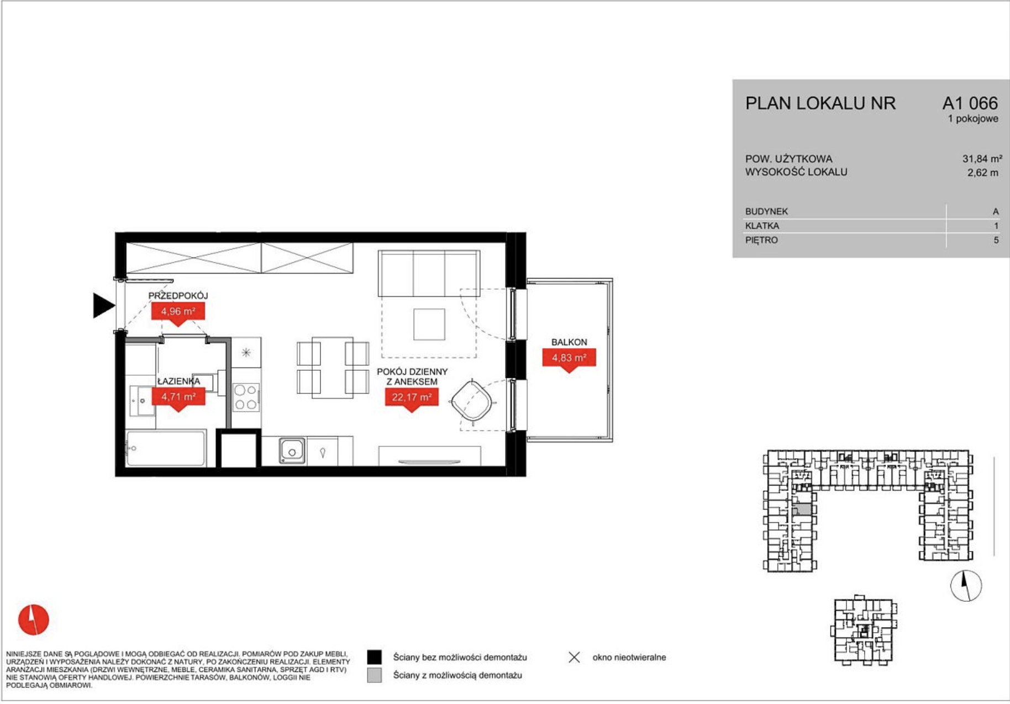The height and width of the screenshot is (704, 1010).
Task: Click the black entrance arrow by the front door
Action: pyautogui.click(x=103, y=306)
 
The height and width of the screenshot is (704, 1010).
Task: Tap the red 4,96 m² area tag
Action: pyautogui.click(x=178, y=313)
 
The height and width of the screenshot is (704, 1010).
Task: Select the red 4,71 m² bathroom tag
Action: pyautogui.click(x=178, y=398)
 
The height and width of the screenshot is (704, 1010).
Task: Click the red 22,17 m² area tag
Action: pyautogui.click(x=412, y=399)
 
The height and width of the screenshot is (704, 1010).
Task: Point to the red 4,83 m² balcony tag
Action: pyautogui.click(x=569, y=360)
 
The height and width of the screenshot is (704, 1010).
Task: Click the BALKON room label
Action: pyautogui.click(x=569, y=342)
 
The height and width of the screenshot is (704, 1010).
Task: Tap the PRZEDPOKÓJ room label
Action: pyautogui.click(x=178, y=296)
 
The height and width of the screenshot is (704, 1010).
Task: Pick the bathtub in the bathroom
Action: pyautogui.click(x=166, y=448)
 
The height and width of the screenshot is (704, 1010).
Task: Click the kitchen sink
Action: pyautogui.click(x=292, y=450)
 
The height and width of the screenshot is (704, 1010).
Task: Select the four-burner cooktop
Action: pyautogui.click(x=246, y=397)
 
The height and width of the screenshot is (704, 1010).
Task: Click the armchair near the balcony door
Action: pyautogui.click(x=472, y=400)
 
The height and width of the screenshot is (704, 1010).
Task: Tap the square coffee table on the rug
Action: pyautogui.click(x=429, y=324)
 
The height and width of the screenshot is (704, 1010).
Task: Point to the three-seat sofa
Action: pyautogui.click(x=429, y=274)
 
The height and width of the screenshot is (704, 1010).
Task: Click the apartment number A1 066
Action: pyautogui.click(x=970, y=103)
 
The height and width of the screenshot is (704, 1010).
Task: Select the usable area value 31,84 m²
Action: pyautogui.click(x=982, y=159)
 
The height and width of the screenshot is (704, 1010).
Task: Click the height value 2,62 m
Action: pyautogui.click(x=983, y=172)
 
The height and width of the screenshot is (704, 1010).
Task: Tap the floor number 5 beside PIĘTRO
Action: pyautogui.click(x=996, y=240)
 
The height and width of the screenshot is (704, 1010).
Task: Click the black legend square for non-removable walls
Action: pyautogui.click(x=375, y=657)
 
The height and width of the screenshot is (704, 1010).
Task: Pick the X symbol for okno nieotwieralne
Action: pyautogui.click(x=575, y=658)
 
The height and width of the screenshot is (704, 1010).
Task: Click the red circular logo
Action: pyautogui.click(x=34, y=619)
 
